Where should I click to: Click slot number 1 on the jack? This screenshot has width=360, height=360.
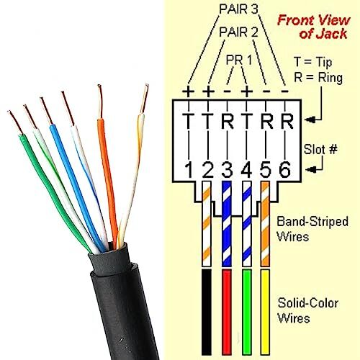click(189, 171)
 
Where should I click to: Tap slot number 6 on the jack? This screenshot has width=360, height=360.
click(284, 171)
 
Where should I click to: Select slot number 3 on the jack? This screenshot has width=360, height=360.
click(228, 171)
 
